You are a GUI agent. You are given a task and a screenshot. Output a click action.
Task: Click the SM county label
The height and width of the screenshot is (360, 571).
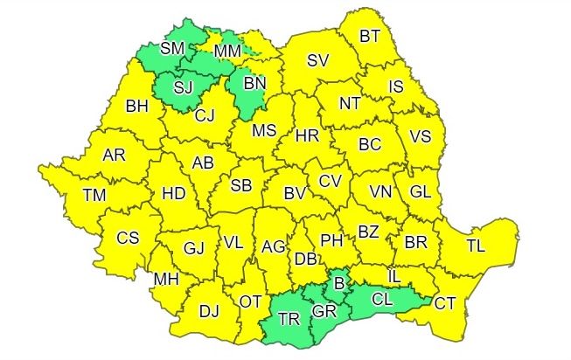tap(172, 48)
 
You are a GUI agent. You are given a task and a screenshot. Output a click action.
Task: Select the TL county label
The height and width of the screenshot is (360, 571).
tap(476, 246)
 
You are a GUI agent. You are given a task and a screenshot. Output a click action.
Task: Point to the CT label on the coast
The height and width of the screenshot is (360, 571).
tap(445, 303)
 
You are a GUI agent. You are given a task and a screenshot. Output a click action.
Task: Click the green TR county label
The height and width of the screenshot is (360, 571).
tap(288, 319)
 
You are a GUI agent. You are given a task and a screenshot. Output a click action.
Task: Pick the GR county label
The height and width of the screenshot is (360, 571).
tap(324, 312)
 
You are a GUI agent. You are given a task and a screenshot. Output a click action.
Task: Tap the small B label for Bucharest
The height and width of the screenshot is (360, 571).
tap(340, 284)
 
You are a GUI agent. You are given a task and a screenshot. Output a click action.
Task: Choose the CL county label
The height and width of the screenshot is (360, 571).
tap(381, 300)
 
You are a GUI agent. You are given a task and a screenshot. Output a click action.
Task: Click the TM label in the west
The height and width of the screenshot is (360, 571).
tap(94, 196)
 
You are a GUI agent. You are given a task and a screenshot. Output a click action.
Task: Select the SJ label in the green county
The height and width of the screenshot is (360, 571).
tap(183, 87)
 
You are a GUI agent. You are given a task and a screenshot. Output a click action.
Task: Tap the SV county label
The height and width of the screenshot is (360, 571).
tap(317, 60)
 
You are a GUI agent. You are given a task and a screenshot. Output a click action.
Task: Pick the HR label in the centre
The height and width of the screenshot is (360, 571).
tap(307, 136)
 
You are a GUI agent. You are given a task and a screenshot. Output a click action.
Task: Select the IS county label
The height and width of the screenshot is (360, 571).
tap(395, 87)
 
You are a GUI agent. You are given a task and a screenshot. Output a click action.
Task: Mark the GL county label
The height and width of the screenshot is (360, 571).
tap(420, 191)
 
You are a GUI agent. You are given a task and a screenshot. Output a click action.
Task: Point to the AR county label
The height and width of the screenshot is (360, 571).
tap(114, 155)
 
